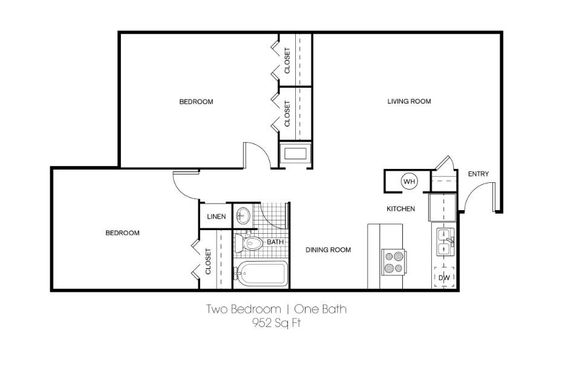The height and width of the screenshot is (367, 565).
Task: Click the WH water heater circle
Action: point(410,181)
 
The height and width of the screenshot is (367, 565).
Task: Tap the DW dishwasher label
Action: point(444,278)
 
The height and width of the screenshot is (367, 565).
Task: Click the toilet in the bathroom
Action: point(250,243)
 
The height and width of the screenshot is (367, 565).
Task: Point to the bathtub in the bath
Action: point(261,274)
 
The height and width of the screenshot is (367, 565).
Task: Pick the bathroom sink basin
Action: point(243,215)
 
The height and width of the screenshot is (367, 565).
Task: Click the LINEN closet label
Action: point(216,216)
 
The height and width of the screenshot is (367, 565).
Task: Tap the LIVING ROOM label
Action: point(409,101)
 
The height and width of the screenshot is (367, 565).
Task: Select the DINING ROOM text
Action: point(328,250)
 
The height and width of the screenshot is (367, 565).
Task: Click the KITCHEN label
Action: point(400,209)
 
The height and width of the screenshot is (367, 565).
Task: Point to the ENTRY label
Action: point(478,174)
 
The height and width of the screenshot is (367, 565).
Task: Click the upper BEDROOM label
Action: point(196,102)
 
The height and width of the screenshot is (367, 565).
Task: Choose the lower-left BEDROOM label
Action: point(122,233)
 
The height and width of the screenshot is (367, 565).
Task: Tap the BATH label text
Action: point(275,242)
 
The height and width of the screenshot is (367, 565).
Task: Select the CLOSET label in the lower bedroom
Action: point(208,262)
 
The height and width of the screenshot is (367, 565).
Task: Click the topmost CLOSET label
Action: point(287,61)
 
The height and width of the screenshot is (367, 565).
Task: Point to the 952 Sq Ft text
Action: point(276,323)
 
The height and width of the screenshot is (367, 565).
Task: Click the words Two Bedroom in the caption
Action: point(238,309)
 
